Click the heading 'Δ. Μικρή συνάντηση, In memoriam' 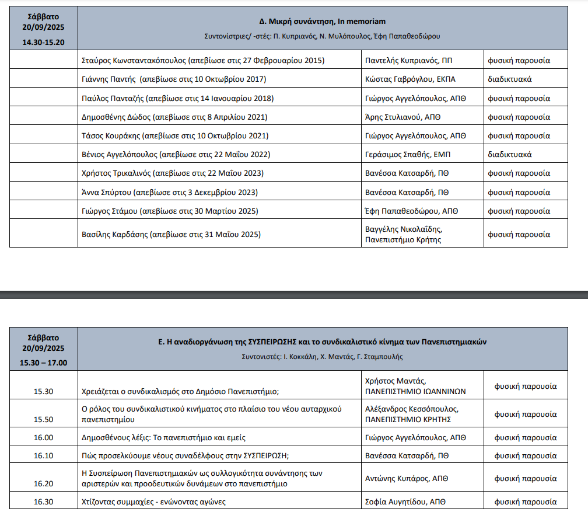coord(322,21)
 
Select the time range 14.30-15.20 coord(44,42)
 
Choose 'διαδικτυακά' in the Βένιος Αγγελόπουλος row coord(509,155)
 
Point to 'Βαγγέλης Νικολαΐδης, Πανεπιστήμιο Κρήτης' coord(404,234)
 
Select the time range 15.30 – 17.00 coord(44,363)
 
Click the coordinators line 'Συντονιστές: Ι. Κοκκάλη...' coord(322,357)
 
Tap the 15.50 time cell coord(44,419)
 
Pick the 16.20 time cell coord(44,483)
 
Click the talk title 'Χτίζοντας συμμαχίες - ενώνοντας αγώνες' coord(153,501)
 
